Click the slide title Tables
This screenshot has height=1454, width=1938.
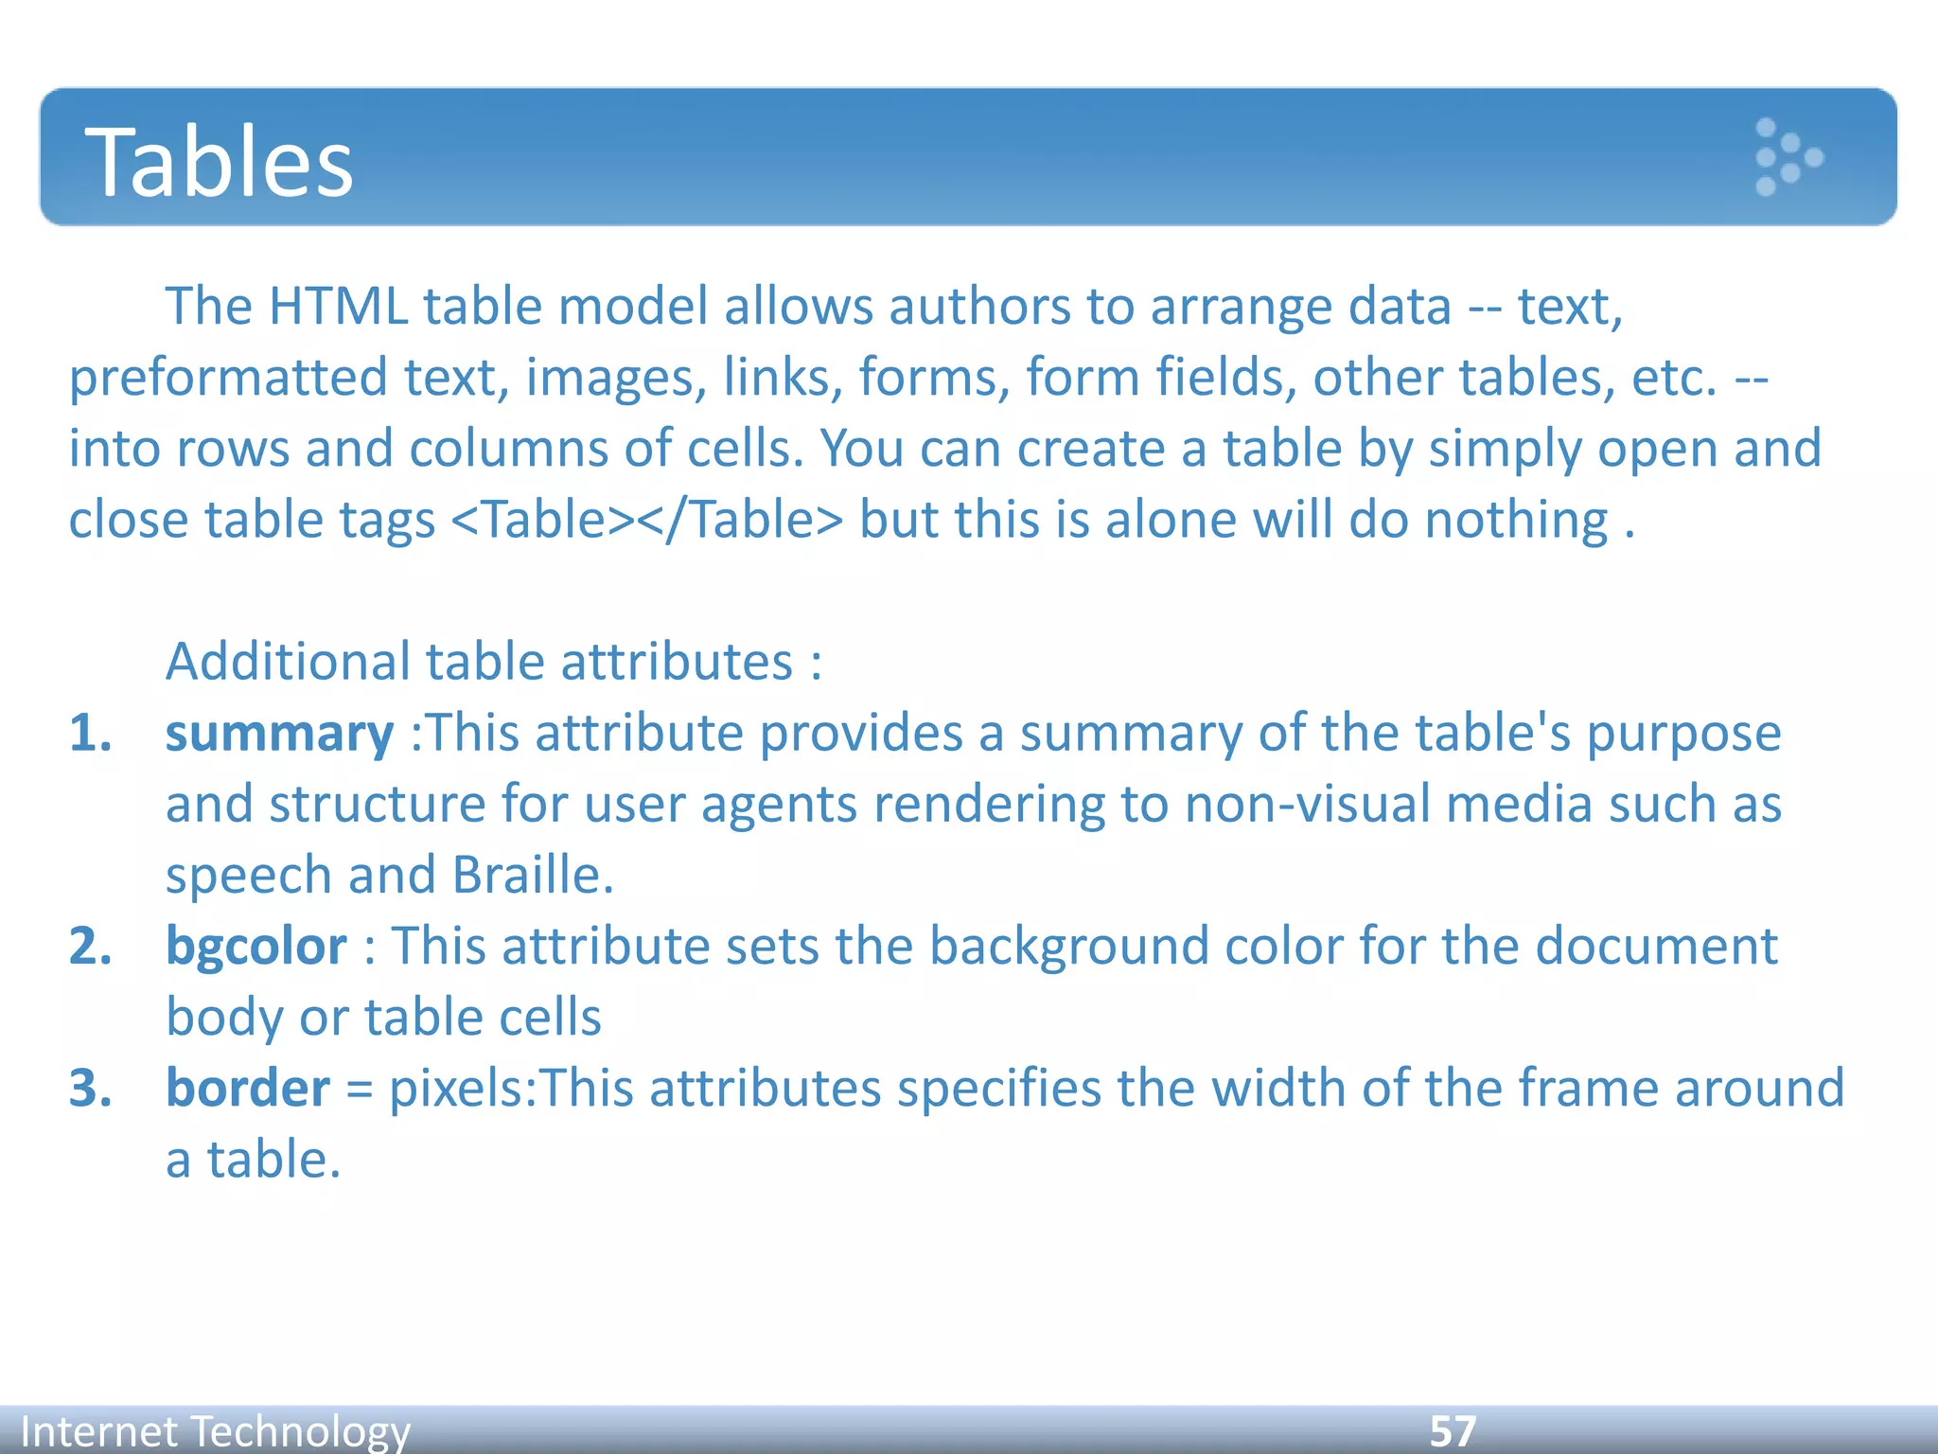[x=220, y=163]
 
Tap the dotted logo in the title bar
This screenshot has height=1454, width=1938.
[x=1788, y=157]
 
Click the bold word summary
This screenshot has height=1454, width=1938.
[x=279, y=735]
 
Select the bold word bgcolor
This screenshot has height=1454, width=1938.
[x=256, y=947]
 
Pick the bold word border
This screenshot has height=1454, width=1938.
[x=248, y=1089]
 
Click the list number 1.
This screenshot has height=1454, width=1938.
[x=90, y=735]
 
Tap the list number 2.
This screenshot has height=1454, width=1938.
[x=90, y=947]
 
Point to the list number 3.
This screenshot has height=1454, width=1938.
[x=90, y=1089]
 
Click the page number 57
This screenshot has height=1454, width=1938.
[x=1453, y=1431]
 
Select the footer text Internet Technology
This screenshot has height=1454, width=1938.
[x=216, y=1431]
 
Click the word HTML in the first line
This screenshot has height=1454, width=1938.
[x=338, y=308]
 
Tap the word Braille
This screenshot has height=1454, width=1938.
[x=533, y=876]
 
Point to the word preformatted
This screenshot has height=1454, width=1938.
[x=228, y=379]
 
